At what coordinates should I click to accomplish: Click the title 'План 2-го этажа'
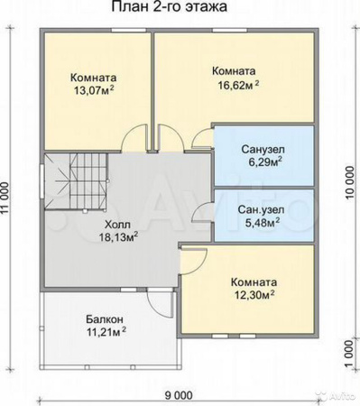coord(170,6)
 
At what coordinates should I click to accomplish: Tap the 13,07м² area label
coord(94,90)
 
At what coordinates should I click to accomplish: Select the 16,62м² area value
coord(238,85)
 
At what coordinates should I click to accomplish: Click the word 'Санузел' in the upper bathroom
coord(263,149)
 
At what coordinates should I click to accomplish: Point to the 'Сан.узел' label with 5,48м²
coord(261,209)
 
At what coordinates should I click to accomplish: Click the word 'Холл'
coord(117,225)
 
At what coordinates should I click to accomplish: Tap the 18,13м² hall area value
coord(119,237)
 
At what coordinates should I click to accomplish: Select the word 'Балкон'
coord(105,319)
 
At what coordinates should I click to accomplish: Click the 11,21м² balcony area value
coord(106,332)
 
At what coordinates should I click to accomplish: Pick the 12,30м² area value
coord(254,295)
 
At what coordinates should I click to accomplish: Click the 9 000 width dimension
coord(179,395)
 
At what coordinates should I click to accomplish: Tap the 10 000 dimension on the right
coord(349,182)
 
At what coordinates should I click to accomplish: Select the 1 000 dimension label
coord(348,354)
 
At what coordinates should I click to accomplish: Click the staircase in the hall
coord(76,182)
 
